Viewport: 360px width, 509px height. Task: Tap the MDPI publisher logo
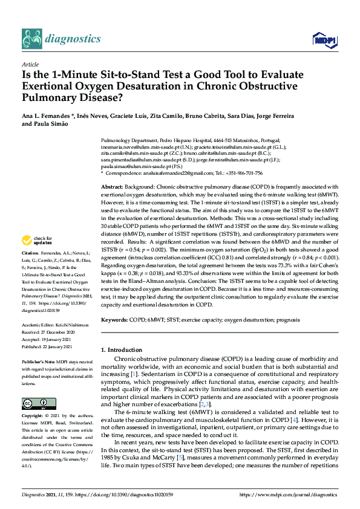(322, 40)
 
